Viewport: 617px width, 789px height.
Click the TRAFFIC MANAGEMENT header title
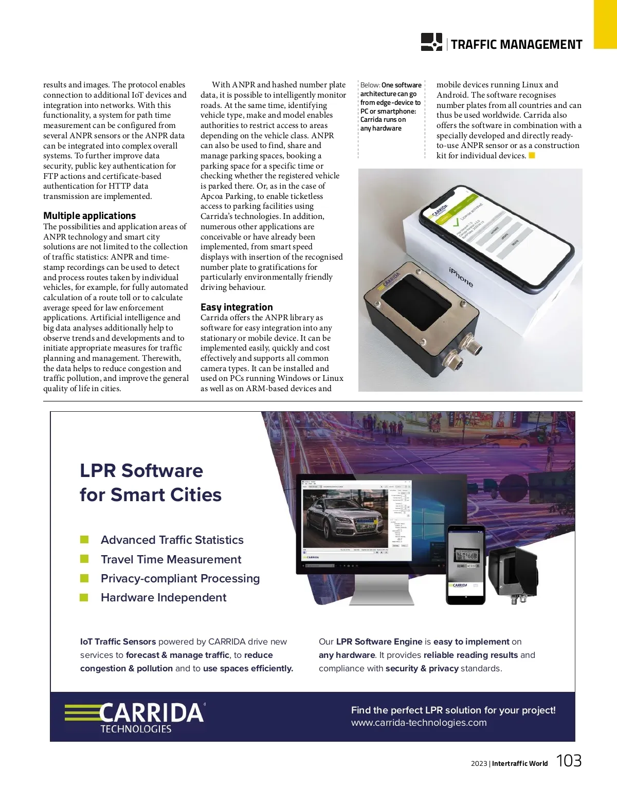click(516, 45)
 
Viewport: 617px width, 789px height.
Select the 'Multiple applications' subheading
click(89, 216)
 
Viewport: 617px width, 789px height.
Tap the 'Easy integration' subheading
click(237, 307)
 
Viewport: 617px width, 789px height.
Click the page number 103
click(569, 761)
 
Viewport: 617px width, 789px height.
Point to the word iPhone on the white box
click(461, 277)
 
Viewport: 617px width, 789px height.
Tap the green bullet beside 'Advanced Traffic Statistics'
click(84, 540)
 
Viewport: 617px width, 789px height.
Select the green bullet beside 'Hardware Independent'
click(84, 597)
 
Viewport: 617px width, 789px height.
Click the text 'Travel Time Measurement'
click(171, 559)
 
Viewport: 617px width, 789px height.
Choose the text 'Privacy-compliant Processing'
click(180, 578)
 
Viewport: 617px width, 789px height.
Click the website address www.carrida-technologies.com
click(419, 723)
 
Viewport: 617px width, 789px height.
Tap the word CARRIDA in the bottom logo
click(151, 713)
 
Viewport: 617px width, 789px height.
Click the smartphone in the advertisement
click(465, 564)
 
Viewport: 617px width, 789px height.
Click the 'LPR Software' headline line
click(141, 471)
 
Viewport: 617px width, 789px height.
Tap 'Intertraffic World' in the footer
click(519, 764)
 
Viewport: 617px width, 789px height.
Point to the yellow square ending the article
click(532, 155)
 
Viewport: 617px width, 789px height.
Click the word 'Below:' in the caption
click(370, 85)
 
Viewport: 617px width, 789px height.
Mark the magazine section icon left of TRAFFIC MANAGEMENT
click(431, 42)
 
